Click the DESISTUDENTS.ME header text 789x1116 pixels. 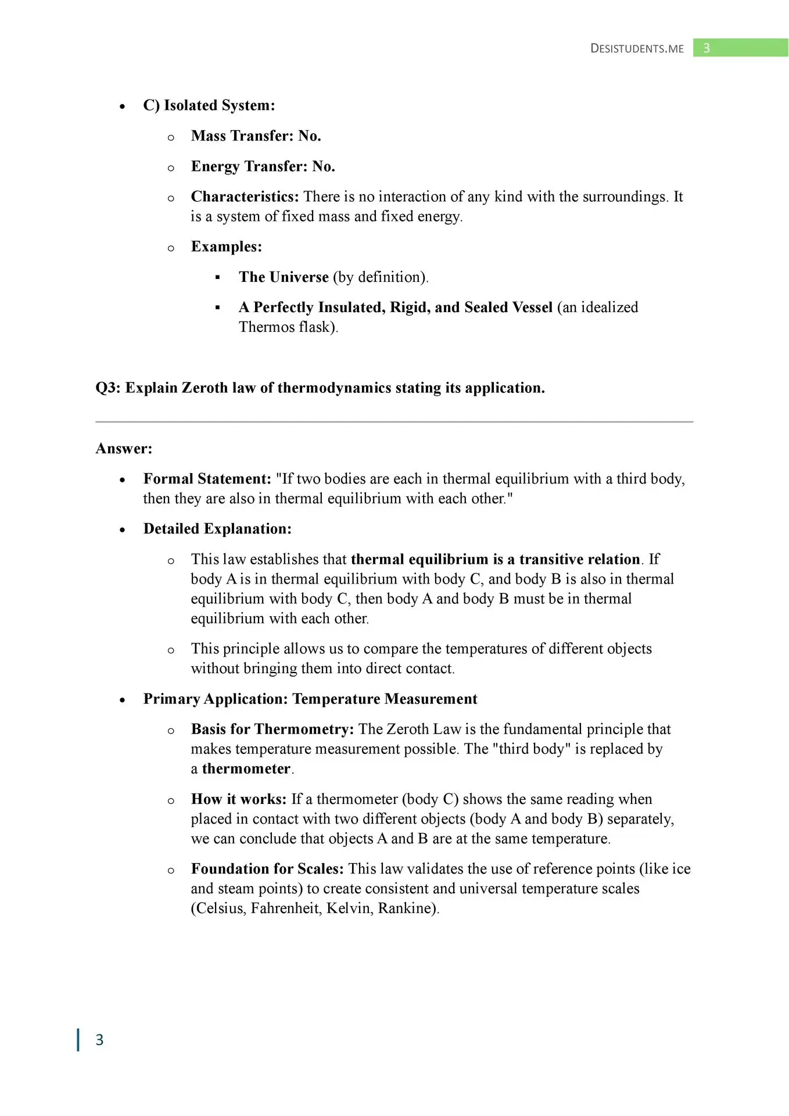[x=637, y=48]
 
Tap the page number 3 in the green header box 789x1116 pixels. [x=706, y=48]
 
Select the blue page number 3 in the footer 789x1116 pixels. [x=99, y=1039]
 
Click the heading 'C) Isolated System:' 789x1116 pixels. [x=209, y=105]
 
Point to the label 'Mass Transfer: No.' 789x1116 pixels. [x=256, y=136]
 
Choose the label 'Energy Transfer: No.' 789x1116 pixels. [x=263, y=167]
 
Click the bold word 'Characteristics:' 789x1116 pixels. [x=245, y=197]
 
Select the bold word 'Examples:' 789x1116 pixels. [x=226, y=247]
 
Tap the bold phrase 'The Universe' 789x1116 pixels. [x=284, y=277]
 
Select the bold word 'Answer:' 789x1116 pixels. [x=124, y=449]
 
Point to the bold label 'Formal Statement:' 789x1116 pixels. [x=207, y=479]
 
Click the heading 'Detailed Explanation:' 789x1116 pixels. [x=217, y=529]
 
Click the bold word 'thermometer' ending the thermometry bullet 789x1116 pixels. [x=246, y=769]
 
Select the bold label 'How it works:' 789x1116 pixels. [x=238, y=799]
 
